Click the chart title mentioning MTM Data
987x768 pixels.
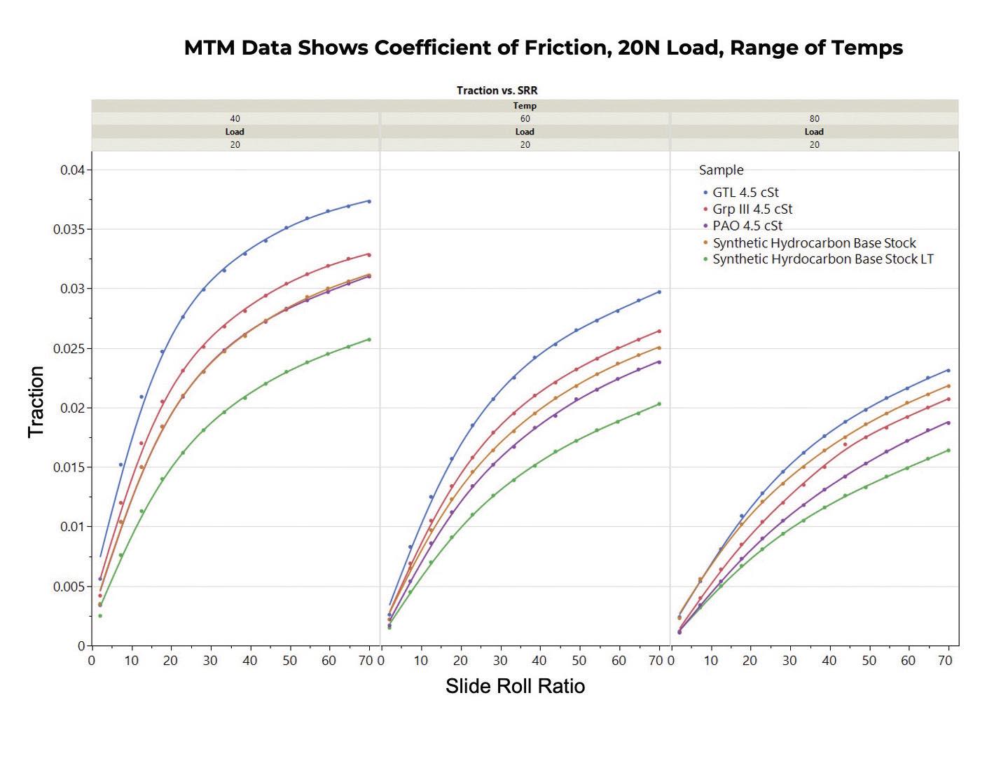click(x=543, y=48)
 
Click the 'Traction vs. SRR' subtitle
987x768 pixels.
click(x=497, y=90)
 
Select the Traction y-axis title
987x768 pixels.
click(x=36, y=402)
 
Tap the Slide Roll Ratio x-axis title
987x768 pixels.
click(x=515, y=685)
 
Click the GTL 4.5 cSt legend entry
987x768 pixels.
click(x=745, y=192)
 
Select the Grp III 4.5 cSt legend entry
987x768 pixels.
click(x=752, y=209)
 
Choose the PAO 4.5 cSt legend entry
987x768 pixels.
click(x=747, y=226)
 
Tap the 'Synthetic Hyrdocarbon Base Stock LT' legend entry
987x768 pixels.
click(x=822, y=259)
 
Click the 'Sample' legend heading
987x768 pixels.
click(x=721, y=170)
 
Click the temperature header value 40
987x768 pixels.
click(x=235, y=118)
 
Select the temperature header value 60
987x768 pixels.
click(x=525, y=118)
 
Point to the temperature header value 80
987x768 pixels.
click(x=814, y=118)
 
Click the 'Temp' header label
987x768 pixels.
click(x=525, y=106)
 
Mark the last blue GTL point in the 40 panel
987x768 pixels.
click(x=369, y=201)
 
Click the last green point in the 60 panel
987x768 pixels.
click(x=659, y=404)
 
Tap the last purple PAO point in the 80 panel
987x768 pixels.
click(x=948, y=423)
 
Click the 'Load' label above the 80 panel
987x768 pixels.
click(x=814, y=132)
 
